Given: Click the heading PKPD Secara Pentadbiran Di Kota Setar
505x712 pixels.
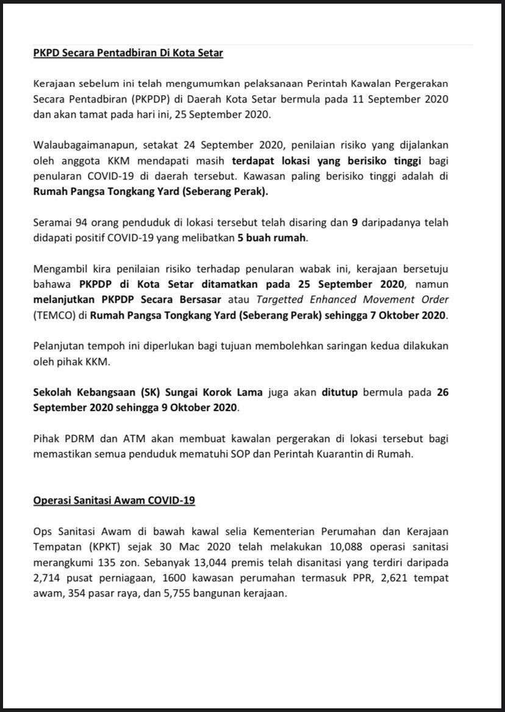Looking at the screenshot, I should coord(128,53).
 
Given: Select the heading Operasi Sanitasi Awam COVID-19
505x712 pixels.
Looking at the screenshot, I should coord(113,500).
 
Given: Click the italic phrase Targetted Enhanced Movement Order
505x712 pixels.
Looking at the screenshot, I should coord(353,300).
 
